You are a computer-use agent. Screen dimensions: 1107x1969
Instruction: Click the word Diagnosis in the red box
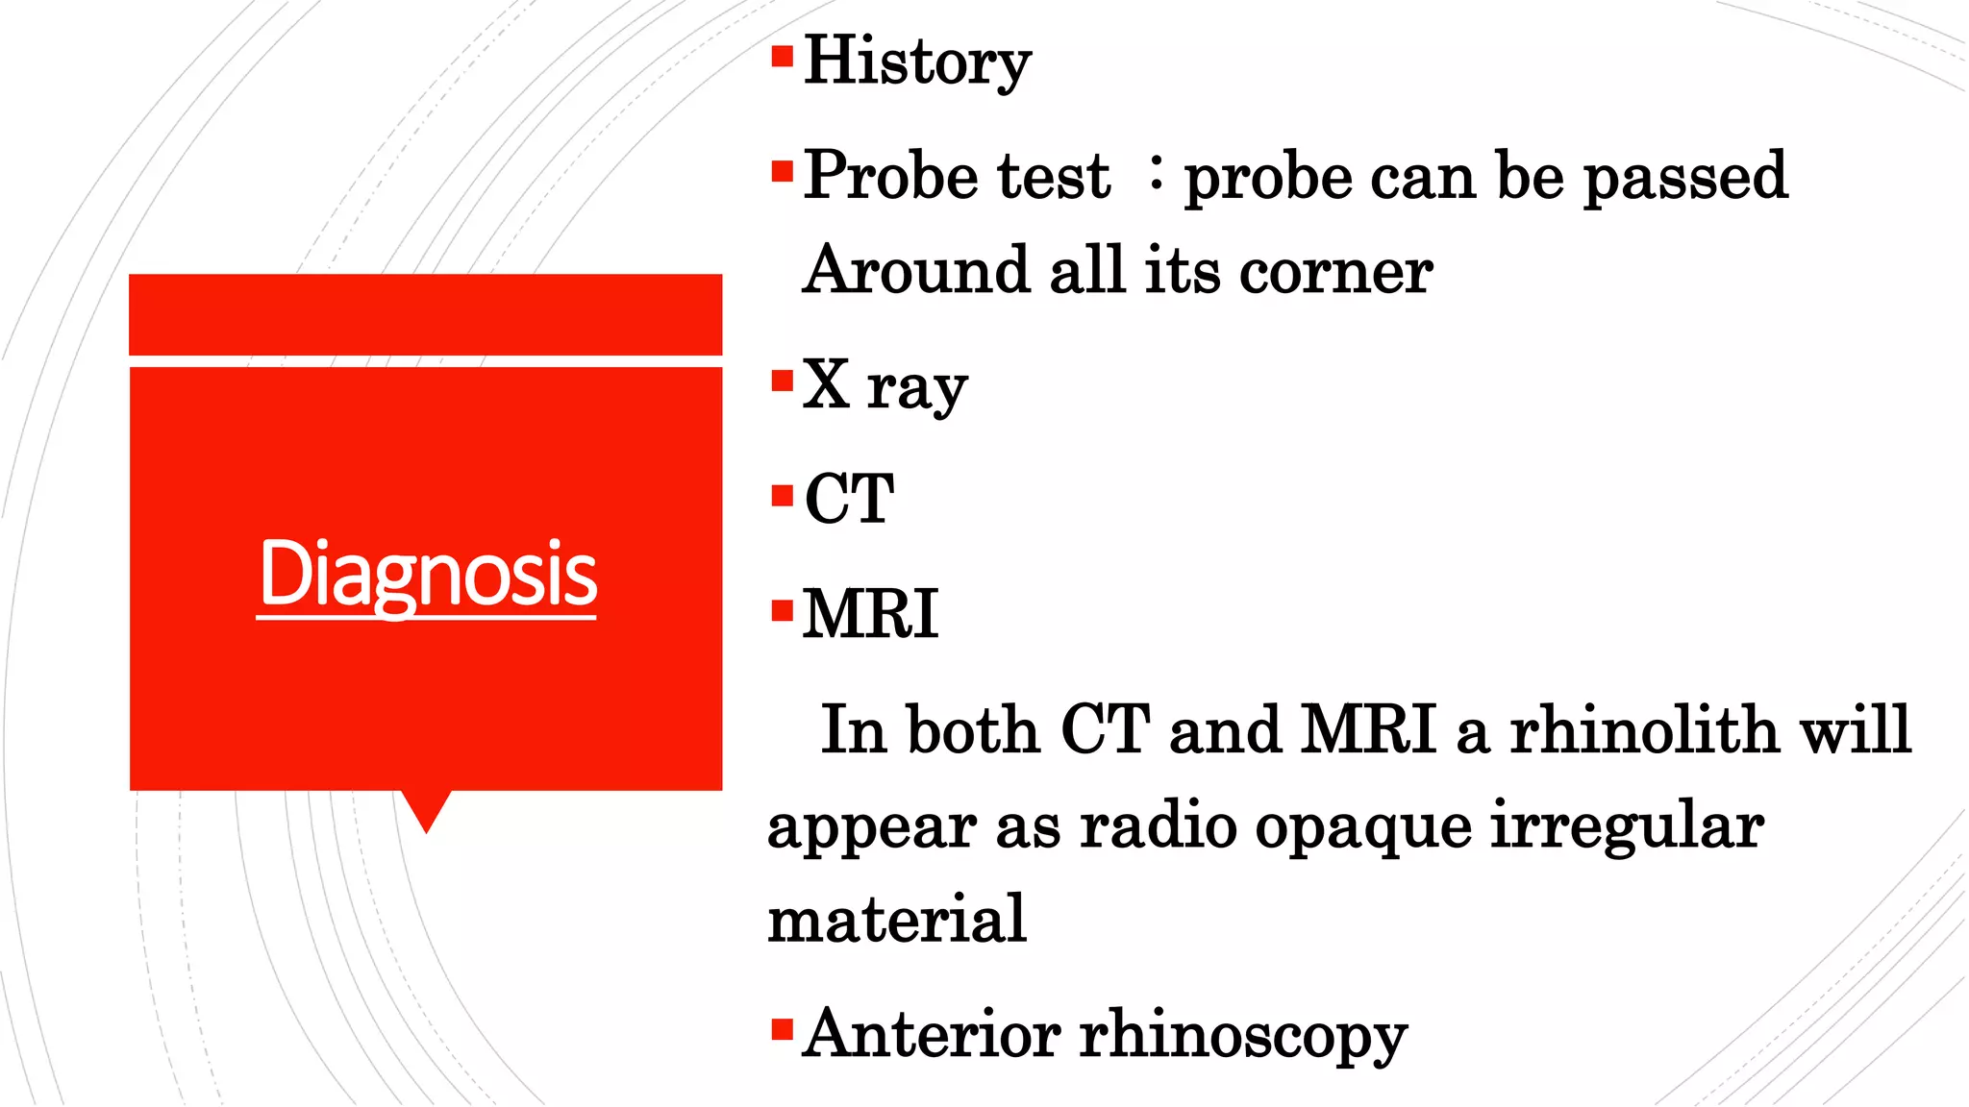[x=428, y=574]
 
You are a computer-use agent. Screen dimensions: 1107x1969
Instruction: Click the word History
[x=916, y=61]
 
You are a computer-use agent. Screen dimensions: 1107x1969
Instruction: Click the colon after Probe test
[x=1156, y=174]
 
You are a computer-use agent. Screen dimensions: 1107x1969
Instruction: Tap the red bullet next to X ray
[x=782, y=381]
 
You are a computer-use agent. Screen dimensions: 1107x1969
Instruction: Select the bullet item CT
[x=849, y=499]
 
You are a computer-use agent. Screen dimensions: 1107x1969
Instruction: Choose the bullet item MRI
[x=870, y=614]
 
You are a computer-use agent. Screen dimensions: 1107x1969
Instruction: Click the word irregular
[x=1627, y=825]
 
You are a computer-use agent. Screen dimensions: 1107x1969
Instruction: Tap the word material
[x=897, y=919]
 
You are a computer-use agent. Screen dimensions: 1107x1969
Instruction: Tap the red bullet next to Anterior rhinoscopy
[x=782, y=1030]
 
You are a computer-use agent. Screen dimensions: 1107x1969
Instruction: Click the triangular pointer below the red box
[x=426, y=808]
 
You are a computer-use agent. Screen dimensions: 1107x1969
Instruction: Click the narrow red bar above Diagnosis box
[x=425, y=314]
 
